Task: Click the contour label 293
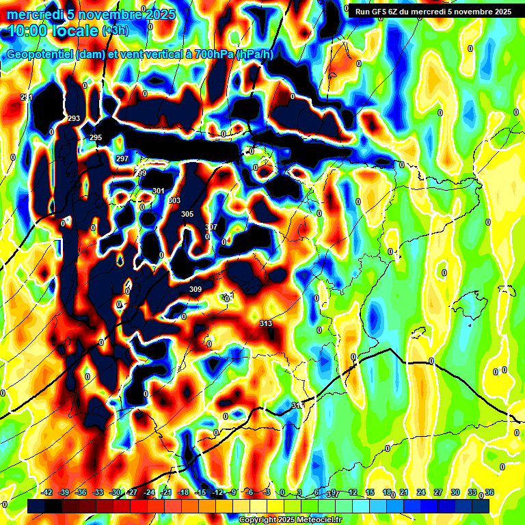point(74,118)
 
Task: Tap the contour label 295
point(96,137)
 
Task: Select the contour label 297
point(122,159)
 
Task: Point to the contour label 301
point(159,191)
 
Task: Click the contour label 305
point(187,214)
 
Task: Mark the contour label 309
point(196,289)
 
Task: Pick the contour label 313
point(266,323)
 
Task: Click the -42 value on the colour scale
point(47,493)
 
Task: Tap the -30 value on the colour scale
point(116,493)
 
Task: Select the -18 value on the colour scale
point(183,493)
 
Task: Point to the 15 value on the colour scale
point(369,493)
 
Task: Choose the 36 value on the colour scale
point(489,493)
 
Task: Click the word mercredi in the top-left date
point(36,14)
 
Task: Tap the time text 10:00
point(27,31)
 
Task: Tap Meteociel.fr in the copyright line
point(314,520)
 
